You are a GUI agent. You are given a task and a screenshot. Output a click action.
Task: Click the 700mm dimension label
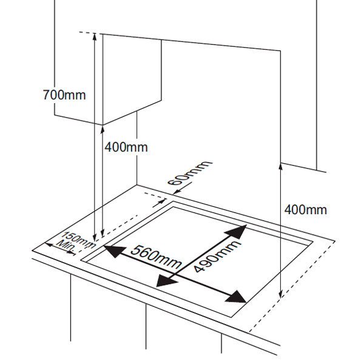64,95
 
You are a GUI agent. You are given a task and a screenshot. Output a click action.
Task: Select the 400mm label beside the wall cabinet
126,147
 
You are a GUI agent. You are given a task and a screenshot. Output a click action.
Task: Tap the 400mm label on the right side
305,210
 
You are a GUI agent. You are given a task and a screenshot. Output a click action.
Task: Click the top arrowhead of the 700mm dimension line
95,36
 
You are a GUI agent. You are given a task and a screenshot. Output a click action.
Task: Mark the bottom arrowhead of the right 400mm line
280,295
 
